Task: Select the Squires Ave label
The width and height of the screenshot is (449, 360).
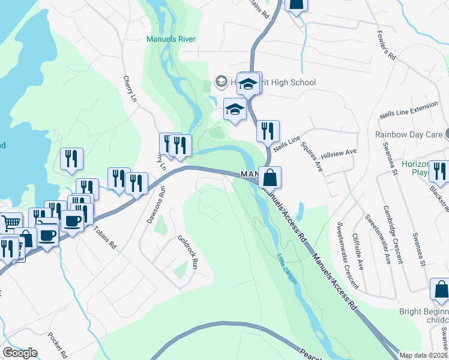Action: click(312, 157)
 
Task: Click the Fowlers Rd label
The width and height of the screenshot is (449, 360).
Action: click(385, 45)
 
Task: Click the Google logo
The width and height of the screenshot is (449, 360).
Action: click(20, 352)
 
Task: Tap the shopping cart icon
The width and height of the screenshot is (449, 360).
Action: click(8, 223)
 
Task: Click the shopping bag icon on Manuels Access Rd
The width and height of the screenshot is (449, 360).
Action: click(270, 177)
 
